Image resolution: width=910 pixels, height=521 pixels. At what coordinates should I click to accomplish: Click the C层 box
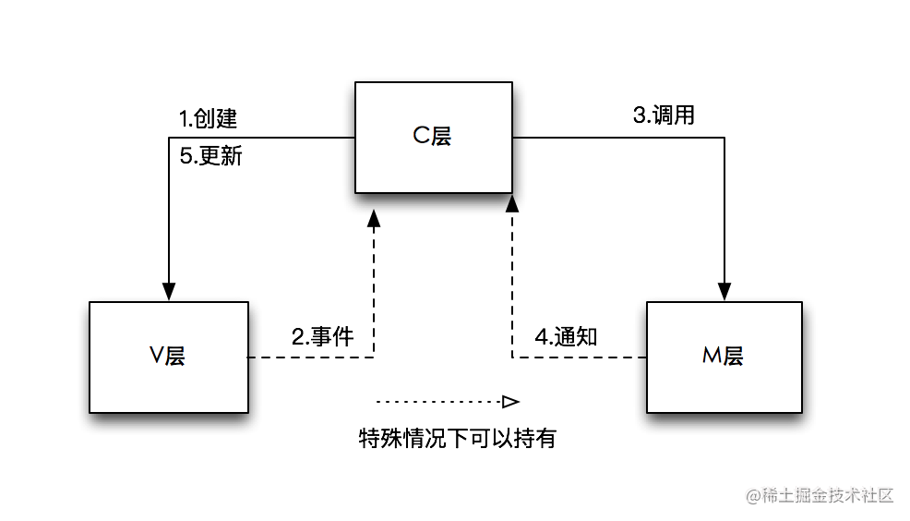click(x=434, y=137)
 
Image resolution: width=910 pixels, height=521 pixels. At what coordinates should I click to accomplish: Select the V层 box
click(x=169, y=357)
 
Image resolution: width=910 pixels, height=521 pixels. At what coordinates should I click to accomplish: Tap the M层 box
click(x=724, y=357)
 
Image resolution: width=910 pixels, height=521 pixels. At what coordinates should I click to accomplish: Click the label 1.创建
click(x=208, y=118)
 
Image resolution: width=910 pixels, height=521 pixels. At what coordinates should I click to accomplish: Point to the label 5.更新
click(x=210, y=156)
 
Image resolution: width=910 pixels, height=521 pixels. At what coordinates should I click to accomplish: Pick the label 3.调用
click(x=664, y=115)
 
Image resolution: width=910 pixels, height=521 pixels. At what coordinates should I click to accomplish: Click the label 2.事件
click(x=323, y=336)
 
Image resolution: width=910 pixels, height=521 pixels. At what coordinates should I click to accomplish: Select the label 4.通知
click(x=566, y=336)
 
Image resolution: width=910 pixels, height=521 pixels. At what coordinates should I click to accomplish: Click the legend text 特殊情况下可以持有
click(x=458, y=438)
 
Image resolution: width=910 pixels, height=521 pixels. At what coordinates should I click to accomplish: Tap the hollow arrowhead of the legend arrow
click(x=510, y=401)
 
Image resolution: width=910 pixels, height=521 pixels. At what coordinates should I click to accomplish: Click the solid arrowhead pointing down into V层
click(x=169, y=292)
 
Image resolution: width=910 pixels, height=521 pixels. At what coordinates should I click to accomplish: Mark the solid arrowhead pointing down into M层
click(x=724, y=292)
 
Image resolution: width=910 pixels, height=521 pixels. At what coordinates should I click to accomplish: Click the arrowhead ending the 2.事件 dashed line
click(x=374, y=218)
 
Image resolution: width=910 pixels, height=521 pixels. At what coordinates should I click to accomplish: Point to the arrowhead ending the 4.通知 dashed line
click(x=512, y=203)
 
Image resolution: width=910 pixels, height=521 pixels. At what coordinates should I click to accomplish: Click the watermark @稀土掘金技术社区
click(x=820, y=495)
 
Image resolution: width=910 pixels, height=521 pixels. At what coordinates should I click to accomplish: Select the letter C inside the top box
click(x=421, y=136)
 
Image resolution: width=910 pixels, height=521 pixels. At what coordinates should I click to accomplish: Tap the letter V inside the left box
click(x=157, y=355)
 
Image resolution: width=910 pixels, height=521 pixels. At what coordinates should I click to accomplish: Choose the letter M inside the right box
click(x=712, y=355)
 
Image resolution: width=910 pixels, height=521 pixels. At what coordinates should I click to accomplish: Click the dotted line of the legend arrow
click(x=439, y=401)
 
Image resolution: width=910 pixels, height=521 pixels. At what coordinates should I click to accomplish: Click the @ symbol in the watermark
click(x=753, y=496)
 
